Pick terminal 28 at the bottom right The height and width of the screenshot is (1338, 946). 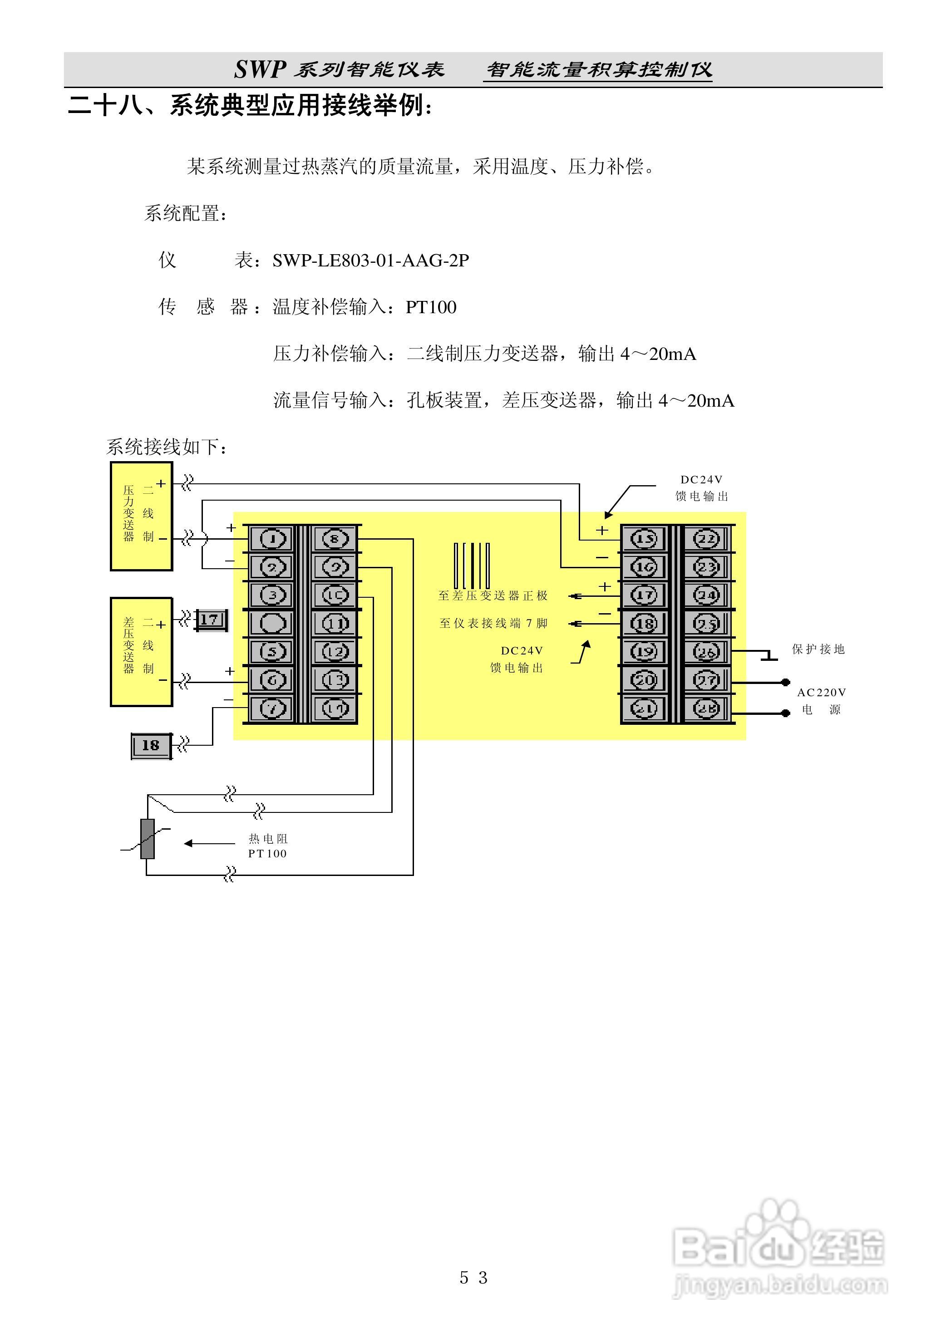(x=706, y=708)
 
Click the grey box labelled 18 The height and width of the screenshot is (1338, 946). (x=151, y=745)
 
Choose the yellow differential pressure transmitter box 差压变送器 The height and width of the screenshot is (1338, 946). (x=141, y=651)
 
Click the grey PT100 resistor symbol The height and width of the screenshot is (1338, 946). (x=148, y=839)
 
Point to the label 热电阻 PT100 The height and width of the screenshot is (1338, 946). (x=267, y=846)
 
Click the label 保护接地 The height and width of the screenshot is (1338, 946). (x=818, y=649)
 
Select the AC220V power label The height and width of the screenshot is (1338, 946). (x=821, y=700)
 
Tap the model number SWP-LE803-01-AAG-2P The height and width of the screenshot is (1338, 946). (x=371, y=261)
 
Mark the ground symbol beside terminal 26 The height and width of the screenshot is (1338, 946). (x=769, y=656)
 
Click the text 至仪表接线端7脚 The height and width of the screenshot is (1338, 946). (x=493, y=624)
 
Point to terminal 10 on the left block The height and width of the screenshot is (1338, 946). (x=335, y=595)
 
